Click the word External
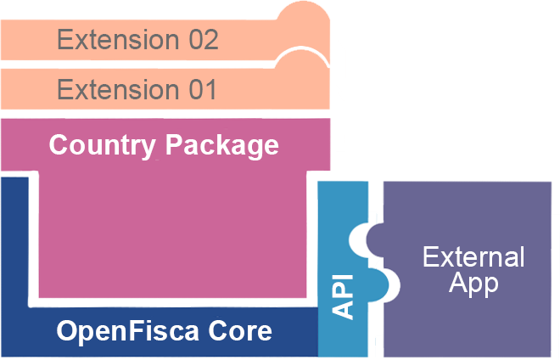pyautogui.click(x=473, y=256)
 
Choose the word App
pyautogui.click(x=473, y=284)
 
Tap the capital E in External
pyautogui.click(x=429, y=256)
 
